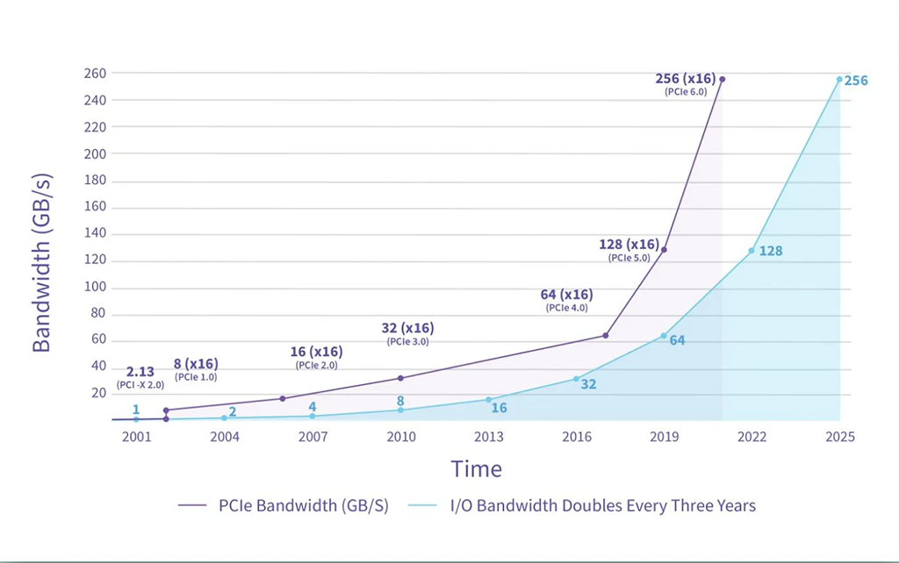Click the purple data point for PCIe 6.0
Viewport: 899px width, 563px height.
[x=722, y=79]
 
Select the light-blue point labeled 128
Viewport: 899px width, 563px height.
[x=752, y=251]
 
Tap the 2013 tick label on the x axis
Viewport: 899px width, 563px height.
[x=488, y=437]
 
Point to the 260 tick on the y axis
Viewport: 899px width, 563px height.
[x=95, y=74]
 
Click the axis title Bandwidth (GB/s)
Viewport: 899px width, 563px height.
[x=42, y=263]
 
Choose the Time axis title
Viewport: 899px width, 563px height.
[x=477, y=469]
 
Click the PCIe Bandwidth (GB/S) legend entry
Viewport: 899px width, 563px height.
[x=284, y=506]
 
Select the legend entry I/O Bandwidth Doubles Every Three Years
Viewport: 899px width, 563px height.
[x=582, y=506]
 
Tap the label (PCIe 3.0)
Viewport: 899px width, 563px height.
[x=407, y=342]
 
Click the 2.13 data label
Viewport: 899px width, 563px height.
[x=140, y=372]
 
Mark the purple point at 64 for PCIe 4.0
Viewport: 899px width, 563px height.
[x=606, y=336]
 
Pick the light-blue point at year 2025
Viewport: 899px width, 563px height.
[x=839, y=80]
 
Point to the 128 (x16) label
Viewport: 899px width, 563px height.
[x=629, y=245]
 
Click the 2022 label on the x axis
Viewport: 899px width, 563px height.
[x=752, y=437]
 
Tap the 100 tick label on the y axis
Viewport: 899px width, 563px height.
[x=95, y=287]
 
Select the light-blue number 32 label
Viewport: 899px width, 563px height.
[x=589, y=384]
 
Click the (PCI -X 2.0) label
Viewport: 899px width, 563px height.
[x=140, y=385]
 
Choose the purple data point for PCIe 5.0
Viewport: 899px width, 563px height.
[x=664, y=250]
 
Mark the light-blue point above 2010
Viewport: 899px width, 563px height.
[x=400, y=410]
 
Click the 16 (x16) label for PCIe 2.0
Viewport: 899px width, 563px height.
[x=316, y=352]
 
